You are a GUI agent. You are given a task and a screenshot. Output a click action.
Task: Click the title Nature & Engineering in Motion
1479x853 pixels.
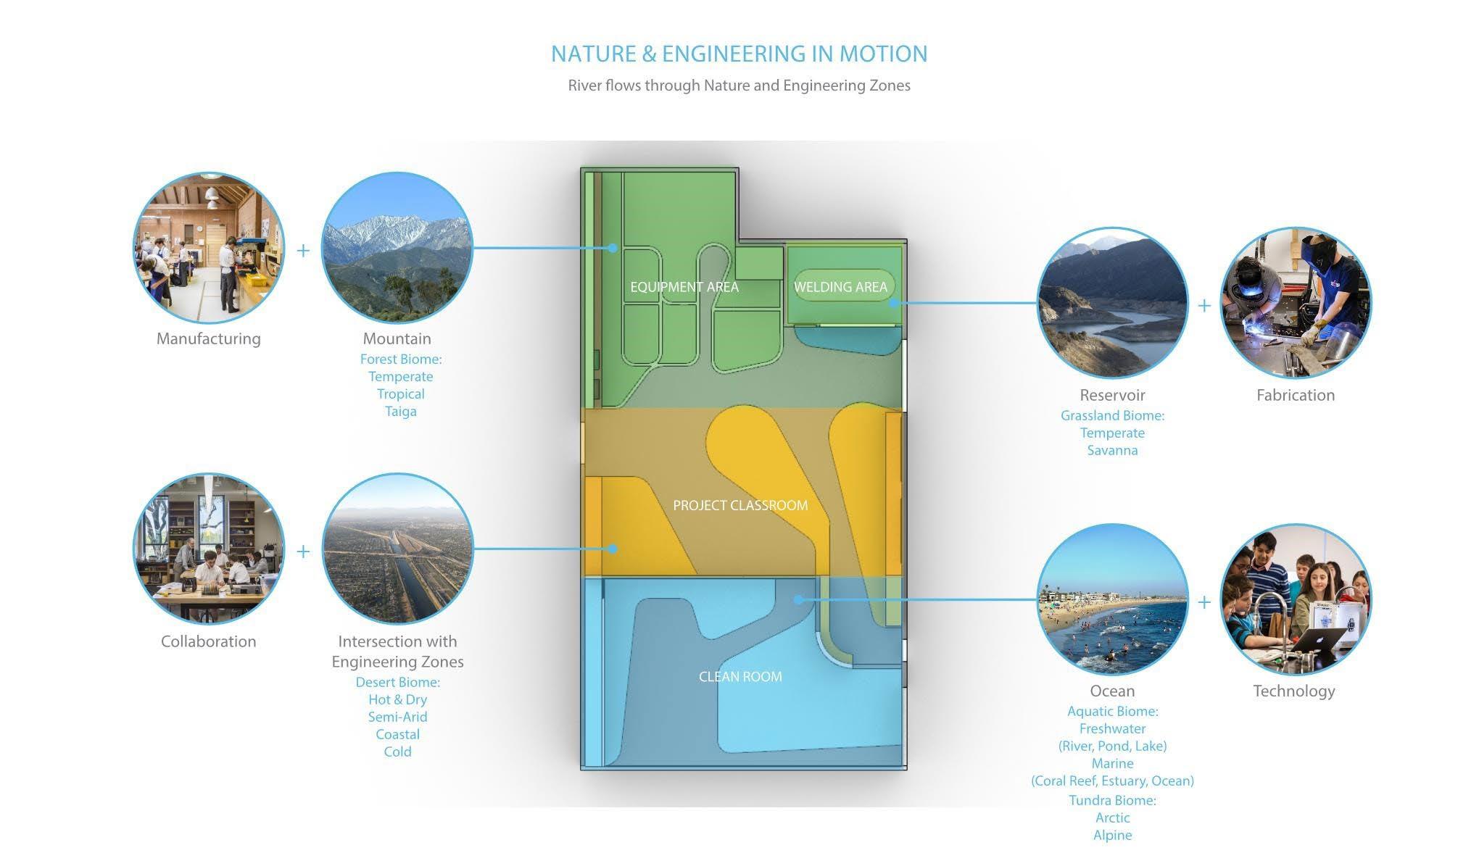[x=739, y=54]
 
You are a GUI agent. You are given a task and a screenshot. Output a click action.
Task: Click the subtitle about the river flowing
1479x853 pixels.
[x=739, y=86]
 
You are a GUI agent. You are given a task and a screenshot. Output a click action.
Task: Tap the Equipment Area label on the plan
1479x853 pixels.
[x=684, y=287]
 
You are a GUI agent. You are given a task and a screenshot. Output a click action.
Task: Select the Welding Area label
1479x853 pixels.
[x=840, y=287]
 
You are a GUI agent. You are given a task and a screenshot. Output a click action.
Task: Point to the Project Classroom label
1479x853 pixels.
[x=740, y=505]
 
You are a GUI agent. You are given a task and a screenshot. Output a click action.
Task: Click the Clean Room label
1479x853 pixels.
[x=740, y=676]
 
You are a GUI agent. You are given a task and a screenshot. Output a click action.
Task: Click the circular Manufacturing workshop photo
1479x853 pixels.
[x=209, y=248]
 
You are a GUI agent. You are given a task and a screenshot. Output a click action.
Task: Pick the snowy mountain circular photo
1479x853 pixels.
[x=397, y=248]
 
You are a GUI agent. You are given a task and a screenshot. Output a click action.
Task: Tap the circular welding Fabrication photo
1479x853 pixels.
[x=1296, y=303]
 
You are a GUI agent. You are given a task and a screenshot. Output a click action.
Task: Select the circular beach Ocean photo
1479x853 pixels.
[x=1112, y=599]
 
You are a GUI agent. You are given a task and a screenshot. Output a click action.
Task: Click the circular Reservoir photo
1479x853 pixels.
[x=1112, y=303]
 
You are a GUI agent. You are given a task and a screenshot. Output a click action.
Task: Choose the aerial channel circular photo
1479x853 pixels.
[x=397, y=549]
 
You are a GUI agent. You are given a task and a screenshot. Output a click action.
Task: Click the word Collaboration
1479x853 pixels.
[x=209, y=641]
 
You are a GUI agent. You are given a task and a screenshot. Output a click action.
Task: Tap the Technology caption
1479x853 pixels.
[x=1294, y=691]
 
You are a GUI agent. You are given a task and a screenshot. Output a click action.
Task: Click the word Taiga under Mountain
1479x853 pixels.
[x=400, y=411]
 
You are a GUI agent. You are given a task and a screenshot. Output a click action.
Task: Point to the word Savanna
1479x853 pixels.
[x=1112, y=450]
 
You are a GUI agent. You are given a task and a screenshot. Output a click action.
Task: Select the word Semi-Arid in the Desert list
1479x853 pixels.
[x=397, y=717]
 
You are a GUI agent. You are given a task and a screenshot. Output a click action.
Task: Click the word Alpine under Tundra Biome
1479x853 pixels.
[x=1112, y=835]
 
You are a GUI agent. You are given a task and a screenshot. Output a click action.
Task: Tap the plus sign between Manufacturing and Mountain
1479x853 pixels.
[x=303, y=250]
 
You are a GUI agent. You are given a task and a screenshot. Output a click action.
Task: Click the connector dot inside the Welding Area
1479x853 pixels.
[x=893, y=303]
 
